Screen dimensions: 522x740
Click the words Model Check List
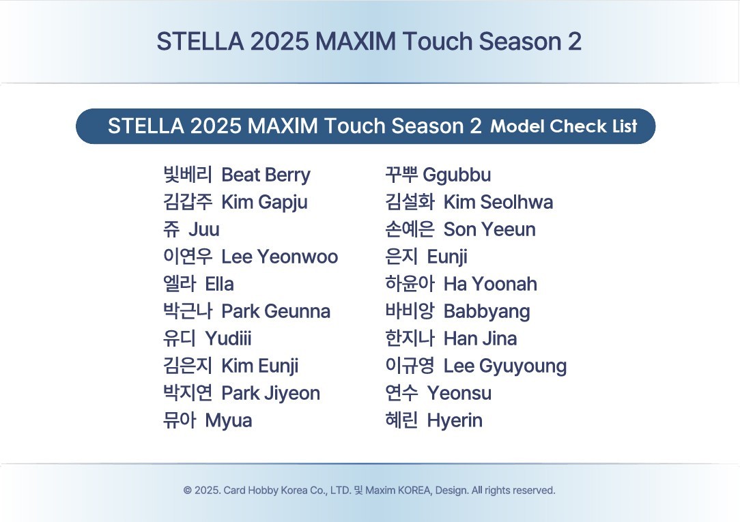(x=564, y=126)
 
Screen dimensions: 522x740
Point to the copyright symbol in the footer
(x=187, y=491)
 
